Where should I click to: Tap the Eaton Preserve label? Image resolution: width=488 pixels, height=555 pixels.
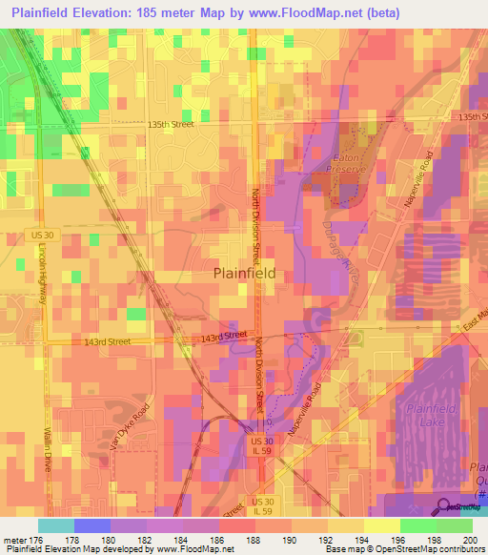(x=349, y=162)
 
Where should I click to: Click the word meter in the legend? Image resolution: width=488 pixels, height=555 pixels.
(x=14, y=539)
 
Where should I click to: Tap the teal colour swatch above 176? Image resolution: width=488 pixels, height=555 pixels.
(x=55, y=524)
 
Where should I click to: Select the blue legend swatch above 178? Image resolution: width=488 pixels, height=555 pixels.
(x=91, y=524)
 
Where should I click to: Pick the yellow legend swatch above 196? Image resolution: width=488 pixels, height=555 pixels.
(x=381, y=524)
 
